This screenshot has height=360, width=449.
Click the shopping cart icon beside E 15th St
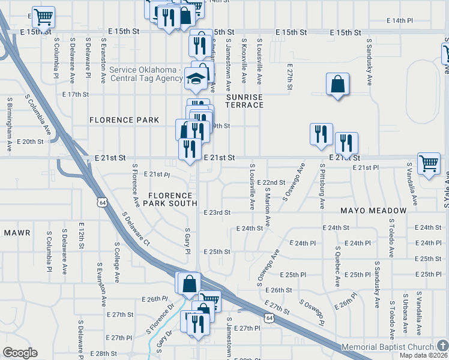point(43,18)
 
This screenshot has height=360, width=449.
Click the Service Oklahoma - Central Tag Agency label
point(146,74)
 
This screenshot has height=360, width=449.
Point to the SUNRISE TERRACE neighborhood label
point(244,101)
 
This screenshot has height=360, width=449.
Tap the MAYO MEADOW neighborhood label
point(373,211)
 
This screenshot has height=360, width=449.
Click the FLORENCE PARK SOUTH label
point(171,199)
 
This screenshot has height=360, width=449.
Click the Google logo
point(20,353)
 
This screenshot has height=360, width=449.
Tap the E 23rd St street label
point(217,212)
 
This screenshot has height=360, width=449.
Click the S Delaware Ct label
point(136,230)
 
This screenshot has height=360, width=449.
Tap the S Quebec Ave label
point(338,266)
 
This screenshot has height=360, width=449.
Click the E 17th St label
point(76,94)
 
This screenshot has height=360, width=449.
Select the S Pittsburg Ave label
point(322,186)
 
